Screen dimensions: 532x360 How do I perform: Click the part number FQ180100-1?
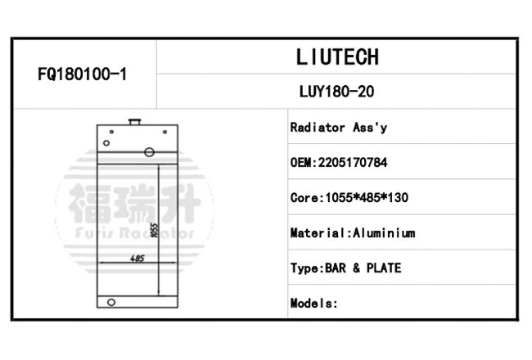pyautogui.click(x=82, y=74)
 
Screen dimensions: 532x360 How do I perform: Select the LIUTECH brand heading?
pyautogui.click(x=337, y=57)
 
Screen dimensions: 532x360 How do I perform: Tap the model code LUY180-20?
pyautogui.click(x=336, y=92)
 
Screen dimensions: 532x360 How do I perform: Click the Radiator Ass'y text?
pyautogui.click(x=339, y=128)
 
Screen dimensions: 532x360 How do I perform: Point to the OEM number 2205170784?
pyautogui.click(x=353, y=163)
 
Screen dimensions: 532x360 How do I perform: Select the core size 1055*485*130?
pyautogui.click(x=367, y=198)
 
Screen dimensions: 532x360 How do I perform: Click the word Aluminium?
pyautogui.click(x=384, y=233)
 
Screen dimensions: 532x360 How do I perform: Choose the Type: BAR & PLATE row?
pyautogui.click(x=345, y=268)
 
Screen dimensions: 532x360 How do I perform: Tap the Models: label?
pyautogui.click(x=313, y=303)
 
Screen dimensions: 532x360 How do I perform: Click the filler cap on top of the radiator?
pyautogui.click(x=135, y=121)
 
